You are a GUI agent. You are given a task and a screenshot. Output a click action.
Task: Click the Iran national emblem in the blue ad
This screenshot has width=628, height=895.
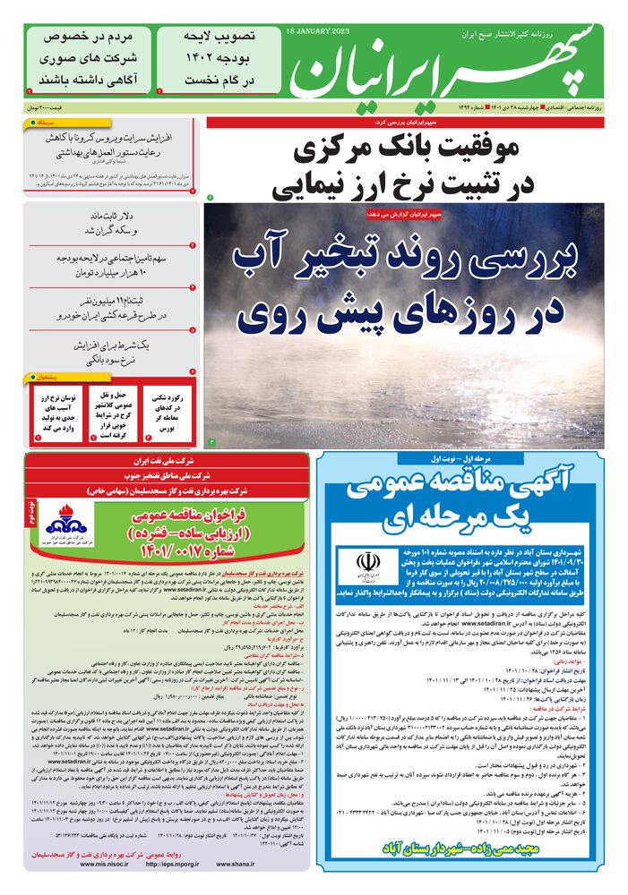point(367,561)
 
